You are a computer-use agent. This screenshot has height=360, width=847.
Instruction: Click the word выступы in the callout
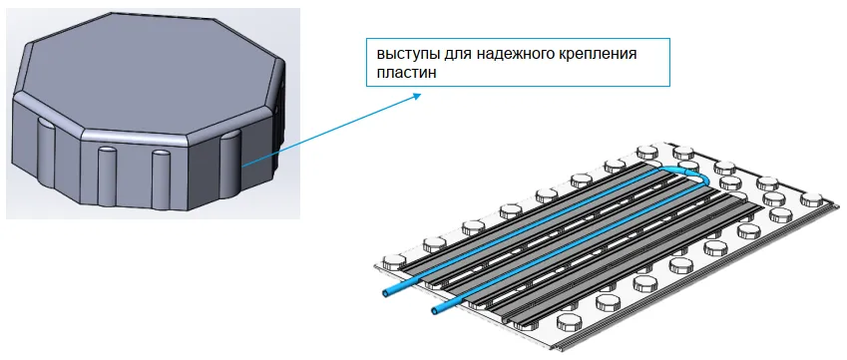(x=404, y=55)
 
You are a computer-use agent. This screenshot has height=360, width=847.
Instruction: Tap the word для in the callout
(x=449, y=55)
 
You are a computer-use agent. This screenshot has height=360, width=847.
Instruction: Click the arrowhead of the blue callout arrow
(x=416, y=95)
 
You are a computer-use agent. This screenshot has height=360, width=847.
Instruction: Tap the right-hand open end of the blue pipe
(x=436, y=309)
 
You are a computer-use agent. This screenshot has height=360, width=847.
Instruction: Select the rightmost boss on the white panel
(x=811, y=199)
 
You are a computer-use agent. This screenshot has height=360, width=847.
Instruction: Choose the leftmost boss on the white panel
(x=394, y=260)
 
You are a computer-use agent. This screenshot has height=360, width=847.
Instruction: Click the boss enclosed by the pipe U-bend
(x=687, y=166)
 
